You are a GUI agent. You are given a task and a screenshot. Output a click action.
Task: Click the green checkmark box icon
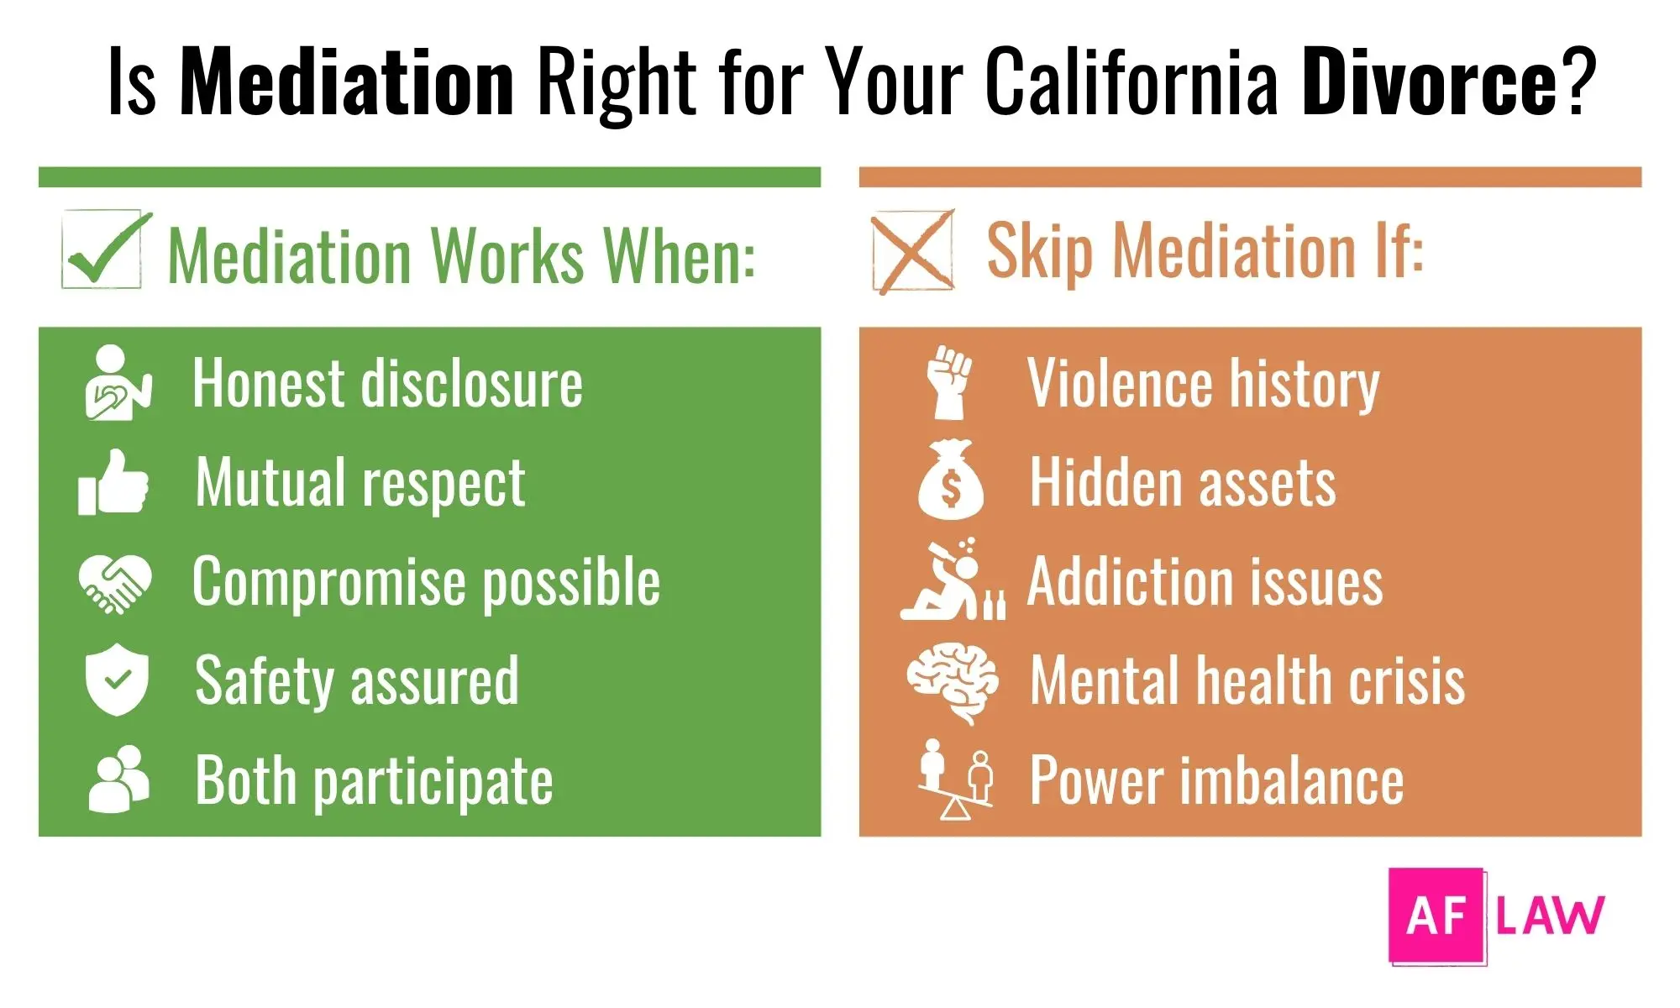tap(105, 250)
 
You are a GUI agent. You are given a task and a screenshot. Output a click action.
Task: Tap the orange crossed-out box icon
tap(912, 251)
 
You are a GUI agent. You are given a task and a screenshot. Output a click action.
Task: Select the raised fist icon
tap(949, 382)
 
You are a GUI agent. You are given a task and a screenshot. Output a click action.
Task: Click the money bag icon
tap(950, 480)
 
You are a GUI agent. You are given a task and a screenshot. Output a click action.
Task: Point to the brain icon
tap(953, 680)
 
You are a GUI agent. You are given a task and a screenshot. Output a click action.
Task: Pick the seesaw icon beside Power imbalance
tap(955, 779)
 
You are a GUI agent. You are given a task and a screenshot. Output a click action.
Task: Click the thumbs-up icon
tap(113, 482)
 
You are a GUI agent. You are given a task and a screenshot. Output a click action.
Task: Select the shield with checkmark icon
tap(117, 680)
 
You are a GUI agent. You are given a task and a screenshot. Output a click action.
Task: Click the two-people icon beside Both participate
tap(118, 779)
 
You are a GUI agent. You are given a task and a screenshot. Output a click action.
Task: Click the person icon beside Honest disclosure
tap(118, 383)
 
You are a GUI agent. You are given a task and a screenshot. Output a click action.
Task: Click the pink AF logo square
tap(1436, 915)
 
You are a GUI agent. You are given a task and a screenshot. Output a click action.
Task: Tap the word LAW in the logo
tap(1550, 915)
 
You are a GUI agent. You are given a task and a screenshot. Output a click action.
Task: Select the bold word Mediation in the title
tap(347, 81)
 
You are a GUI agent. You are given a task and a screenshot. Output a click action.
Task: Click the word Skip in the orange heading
tap(1039, 250)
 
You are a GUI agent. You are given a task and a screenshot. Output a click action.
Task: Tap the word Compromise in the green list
tap(328, 581)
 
